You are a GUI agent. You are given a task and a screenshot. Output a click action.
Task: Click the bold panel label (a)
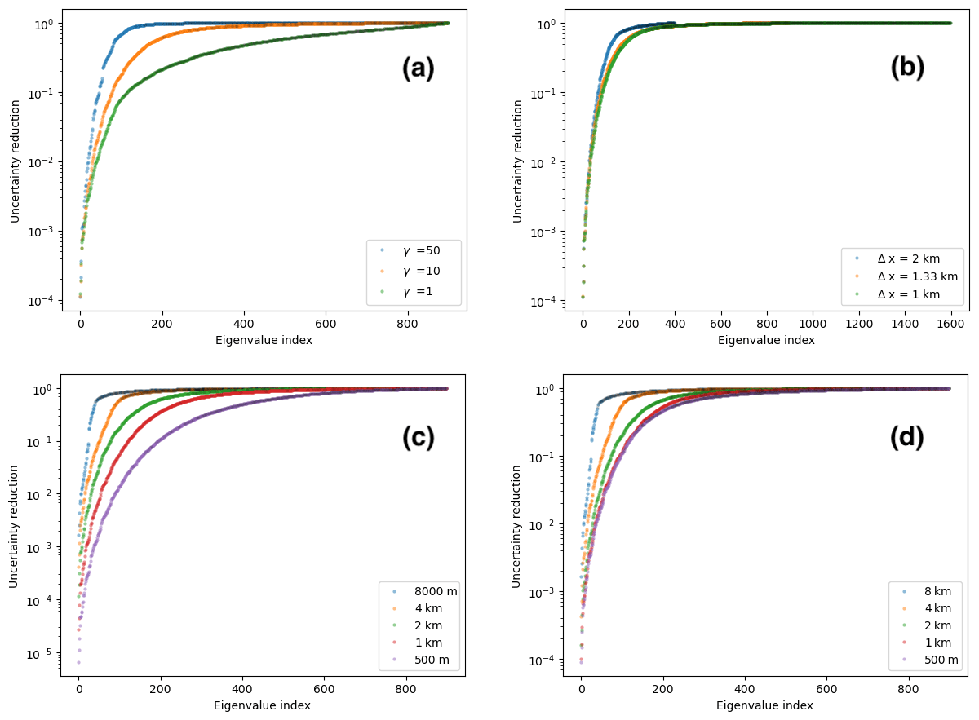[419, 69]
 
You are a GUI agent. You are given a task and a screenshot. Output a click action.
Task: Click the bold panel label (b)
[907, 68]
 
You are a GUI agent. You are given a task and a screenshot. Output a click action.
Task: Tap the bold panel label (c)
[419, 438]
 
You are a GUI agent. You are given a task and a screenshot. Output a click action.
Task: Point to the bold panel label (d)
[906, 438]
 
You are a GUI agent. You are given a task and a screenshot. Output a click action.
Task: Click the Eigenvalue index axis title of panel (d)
[764, 705]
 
